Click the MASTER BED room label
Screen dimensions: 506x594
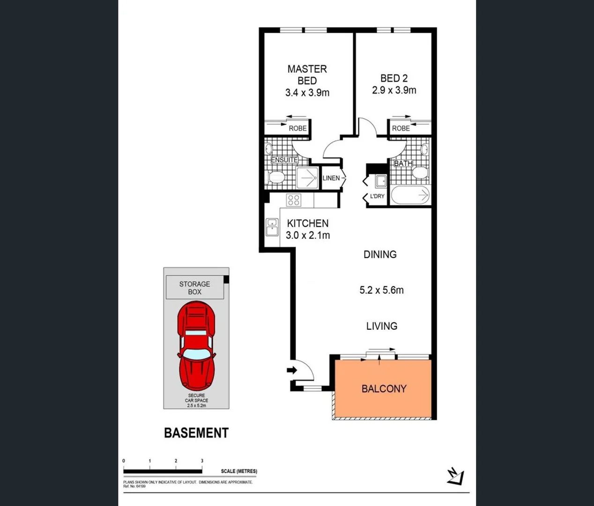(x=307, y=75)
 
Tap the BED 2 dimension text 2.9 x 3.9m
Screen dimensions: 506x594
(x=394, y=90)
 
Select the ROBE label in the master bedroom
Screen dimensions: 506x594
(x=297, y=128)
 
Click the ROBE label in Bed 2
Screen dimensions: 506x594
(x=401, y=128)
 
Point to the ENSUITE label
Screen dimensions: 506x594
(x=284, y=160)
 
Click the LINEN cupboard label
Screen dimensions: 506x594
(x=331, y=178)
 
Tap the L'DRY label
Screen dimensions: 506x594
(x=377, y=196)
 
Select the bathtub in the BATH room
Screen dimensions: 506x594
(x=410, y=195)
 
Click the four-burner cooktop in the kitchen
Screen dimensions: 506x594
(x=294, y=201)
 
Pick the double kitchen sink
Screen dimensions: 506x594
(x=272, y=227)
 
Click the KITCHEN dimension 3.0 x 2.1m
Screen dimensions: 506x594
(x=308, y=236)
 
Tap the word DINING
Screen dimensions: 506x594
(x=380, y=254)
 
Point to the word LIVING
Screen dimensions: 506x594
(x=381, y=326)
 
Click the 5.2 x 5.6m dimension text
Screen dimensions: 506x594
(x=381, y=290)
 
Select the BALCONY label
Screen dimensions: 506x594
(x=384, y=389)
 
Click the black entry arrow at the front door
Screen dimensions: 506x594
(x=292, y=371)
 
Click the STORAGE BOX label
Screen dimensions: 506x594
(x=194, y=288)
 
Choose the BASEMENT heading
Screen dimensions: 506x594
(x=196, y=433)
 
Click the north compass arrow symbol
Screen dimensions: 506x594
(x=455, y=476)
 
